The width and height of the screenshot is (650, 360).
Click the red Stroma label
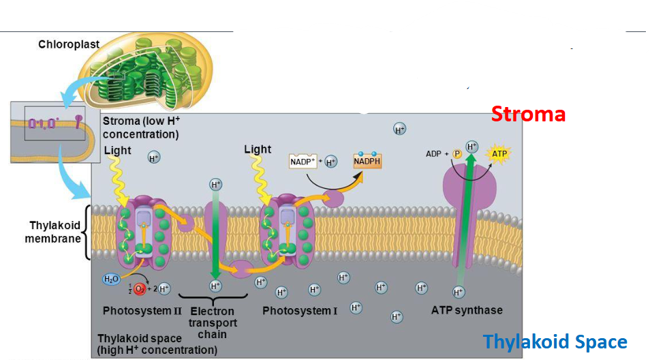(529, 114)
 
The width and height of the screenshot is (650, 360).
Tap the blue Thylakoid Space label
(555, 341)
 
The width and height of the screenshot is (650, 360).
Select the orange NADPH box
(367, 162)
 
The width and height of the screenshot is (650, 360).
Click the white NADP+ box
(303, 162)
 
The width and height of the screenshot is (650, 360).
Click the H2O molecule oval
(110, 279)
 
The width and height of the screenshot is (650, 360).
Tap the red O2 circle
(139, 288)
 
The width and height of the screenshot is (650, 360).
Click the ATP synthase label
(467, 310)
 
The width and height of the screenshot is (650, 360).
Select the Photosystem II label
(142, 311)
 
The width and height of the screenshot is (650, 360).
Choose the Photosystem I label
(300, 311)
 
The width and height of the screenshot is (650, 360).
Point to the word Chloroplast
(69, 44)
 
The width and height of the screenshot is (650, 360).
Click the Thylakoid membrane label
(53, 232)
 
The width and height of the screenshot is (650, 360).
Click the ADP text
(434, 154)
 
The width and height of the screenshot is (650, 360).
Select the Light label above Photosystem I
(258, 149)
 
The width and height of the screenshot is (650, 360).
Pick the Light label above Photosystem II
(117, 150)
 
